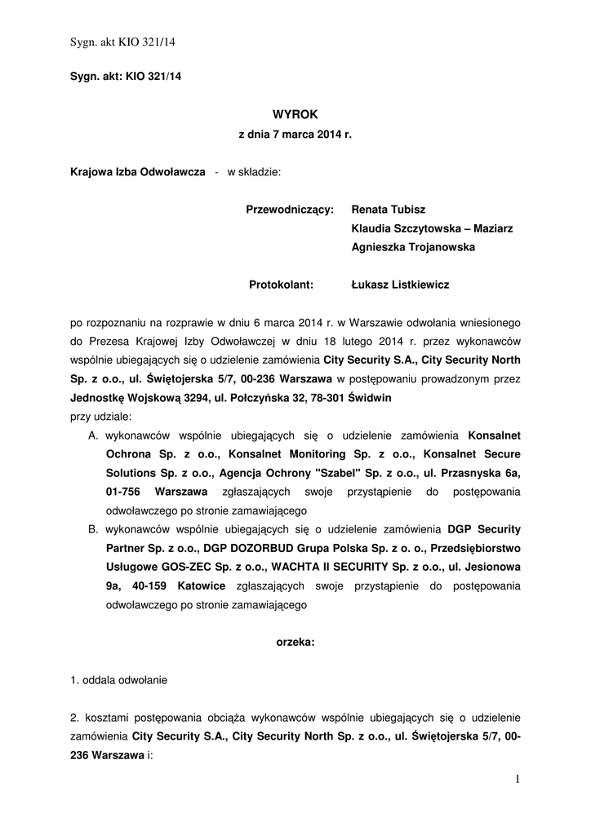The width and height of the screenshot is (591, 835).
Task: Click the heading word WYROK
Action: pyautogui.click(x=294, y=115)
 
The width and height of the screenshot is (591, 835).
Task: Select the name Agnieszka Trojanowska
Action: pyautogui.click(x=412, y=247)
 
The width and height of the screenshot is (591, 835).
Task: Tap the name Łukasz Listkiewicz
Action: pyautogui.click(x=400, y=285)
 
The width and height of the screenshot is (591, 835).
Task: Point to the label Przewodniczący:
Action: pyautogui.click(x=290, y=210)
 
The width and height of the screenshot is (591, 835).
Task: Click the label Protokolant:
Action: pyautogui.click(x=282, y=285)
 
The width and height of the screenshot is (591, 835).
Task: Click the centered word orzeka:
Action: pyautogui.click(x=295, y=643)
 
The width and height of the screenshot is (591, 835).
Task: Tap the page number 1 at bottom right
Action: pyautogui.click(x=517, y=780)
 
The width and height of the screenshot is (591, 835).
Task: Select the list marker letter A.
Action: pyautogui.click(x=93, y=435)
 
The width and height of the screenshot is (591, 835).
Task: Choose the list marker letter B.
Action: pyautogui.click(x=93, y=529)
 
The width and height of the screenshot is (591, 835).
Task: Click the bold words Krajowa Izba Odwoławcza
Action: pyautogui.click(x=137, y=172)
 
